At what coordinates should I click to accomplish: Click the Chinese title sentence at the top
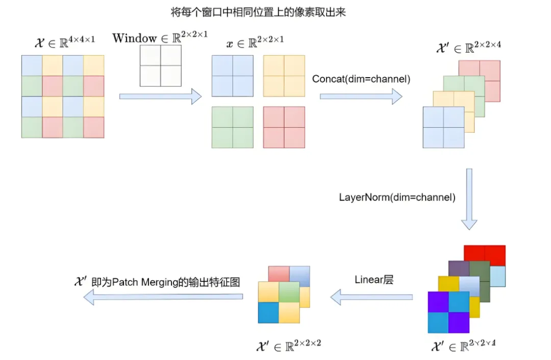pos(259,12)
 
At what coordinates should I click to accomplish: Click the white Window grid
pos(160,65)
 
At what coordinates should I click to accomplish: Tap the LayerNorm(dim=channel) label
pos(397,197)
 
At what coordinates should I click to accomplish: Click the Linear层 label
pos(374,279)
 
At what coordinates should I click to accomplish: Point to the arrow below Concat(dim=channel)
pos(361,95)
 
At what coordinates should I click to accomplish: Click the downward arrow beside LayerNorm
pos(469,199)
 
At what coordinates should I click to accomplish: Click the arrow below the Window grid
pos(160,95)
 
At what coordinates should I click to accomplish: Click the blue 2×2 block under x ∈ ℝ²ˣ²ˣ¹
pos(232,76)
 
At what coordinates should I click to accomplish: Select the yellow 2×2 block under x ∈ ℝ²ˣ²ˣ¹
pos(284,76)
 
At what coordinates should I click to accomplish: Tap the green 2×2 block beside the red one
pos(232,127)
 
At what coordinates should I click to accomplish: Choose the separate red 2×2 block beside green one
pos(284,127)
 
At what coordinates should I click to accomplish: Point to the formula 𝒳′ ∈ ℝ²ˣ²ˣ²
pos(288,345)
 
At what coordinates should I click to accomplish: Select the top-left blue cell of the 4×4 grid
pos(32,65)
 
